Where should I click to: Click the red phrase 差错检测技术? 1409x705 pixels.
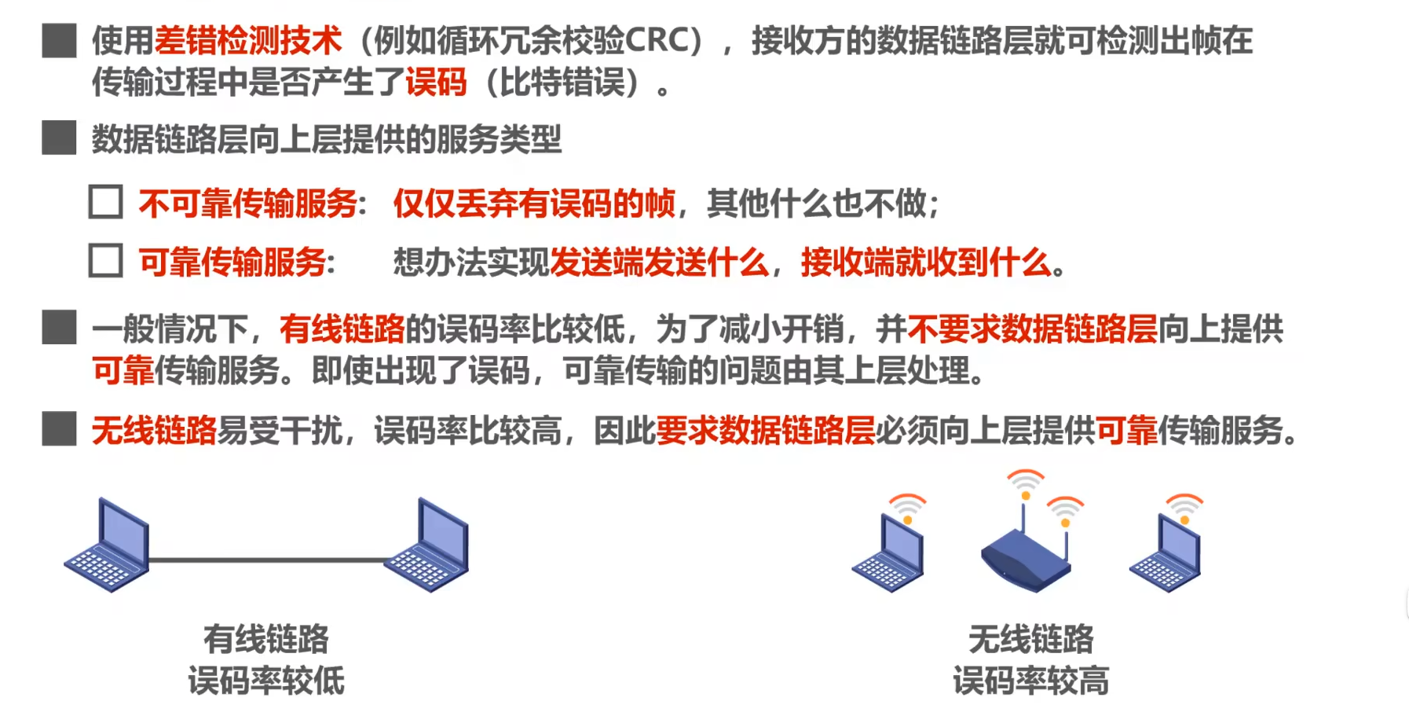(x=248, y=41)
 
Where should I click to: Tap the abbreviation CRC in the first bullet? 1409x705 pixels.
(x=657, y=41)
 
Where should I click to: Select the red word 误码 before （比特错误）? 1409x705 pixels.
(x=436, y=83)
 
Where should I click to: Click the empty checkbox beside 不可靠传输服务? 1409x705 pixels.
(x=106, y=202)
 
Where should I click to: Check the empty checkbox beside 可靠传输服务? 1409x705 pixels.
(x=106, y=261)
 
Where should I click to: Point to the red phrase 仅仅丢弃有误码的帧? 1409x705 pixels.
(x=534, y=204)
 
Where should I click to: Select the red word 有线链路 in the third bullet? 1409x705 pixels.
(x=342, y=329)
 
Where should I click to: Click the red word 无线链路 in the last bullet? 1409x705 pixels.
(x=154, y=431)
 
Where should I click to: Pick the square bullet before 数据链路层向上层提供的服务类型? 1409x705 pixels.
(x=59, y=138)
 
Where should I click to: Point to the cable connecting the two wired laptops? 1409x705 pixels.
(x=267, y=560)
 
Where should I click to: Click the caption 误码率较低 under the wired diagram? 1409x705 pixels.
(x=266, y=681)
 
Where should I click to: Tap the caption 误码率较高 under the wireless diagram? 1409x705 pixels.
(x=1030, y=681)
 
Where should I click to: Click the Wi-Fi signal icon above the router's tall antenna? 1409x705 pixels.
(x=1025, y=482)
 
